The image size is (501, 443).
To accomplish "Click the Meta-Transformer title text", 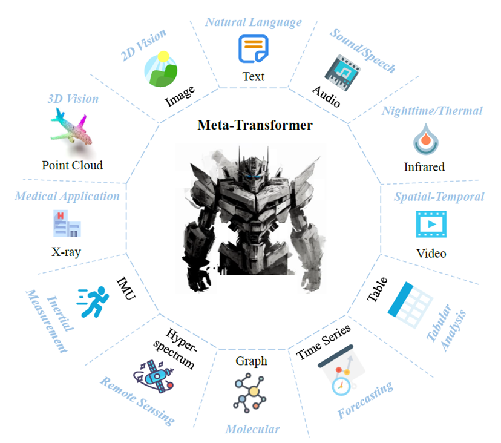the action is [x=255, y=125].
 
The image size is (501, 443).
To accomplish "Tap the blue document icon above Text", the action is [x=254, y=48].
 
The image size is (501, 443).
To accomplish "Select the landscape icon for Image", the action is [x=161, y=69].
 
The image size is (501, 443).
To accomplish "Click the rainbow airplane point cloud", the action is [x=71, y=128].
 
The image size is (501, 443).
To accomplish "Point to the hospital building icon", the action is [x=67, y=223].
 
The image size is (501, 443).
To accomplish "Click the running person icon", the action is [x=93, y=302].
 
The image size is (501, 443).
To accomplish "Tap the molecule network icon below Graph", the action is [x=250, y=393].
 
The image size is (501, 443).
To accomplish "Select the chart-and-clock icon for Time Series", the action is [x=341, y=370].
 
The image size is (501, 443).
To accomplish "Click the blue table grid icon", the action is [x=410, y=305].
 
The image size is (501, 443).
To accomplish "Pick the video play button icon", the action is [x=431, y=224].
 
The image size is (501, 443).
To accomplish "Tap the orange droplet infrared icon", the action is [x=425, y=139].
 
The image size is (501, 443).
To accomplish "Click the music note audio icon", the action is [x=342, y=73].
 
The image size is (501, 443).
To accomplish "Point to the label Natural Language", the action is [x=254, y=22].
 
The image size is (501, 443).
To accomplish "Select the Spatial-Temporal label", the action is [x=439, y=197].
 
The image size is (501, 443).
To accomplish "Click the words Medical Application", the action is [x=67, y=196].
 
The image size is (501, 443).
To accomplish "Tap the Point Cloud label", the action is [x=72, y=165].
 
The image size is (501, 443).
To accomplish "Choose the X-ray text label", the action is [x=66, y=252].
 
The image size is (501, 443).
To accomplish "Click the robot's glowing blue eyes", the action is [x=254, y=176].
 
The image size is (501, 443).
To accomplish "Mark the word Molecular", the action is [x=252, y=429].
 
